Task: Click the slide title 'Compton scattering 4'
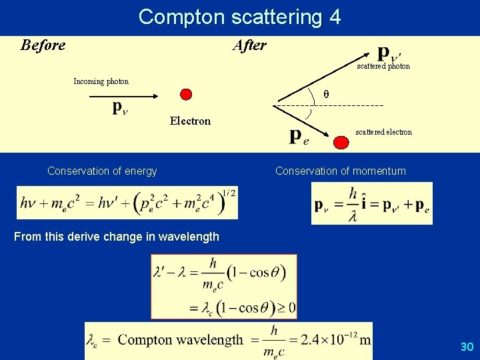(x=239, y=17)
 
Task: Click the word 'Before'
(x=43, y=45)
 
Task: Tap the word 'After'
(x=249, y=45)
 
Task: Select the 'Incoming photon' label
(x=101, y=81)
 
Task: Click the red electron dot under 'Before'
(x=187, y=95)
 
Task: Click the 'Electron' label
(x=190, y=121)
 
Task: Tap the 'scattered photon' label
(x=383, y=67)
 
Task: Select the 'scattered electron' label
(x=383, y=132)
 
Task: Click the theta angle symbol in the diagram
(x=326, y=94)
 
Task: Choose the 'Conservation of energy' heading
(x=102, y=171)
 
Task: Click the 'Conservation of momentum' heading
(x=340, y=171)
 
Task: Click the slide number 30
(x=467, y=347)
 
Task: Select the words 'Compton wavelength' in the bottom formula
(x=180, y=340)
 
